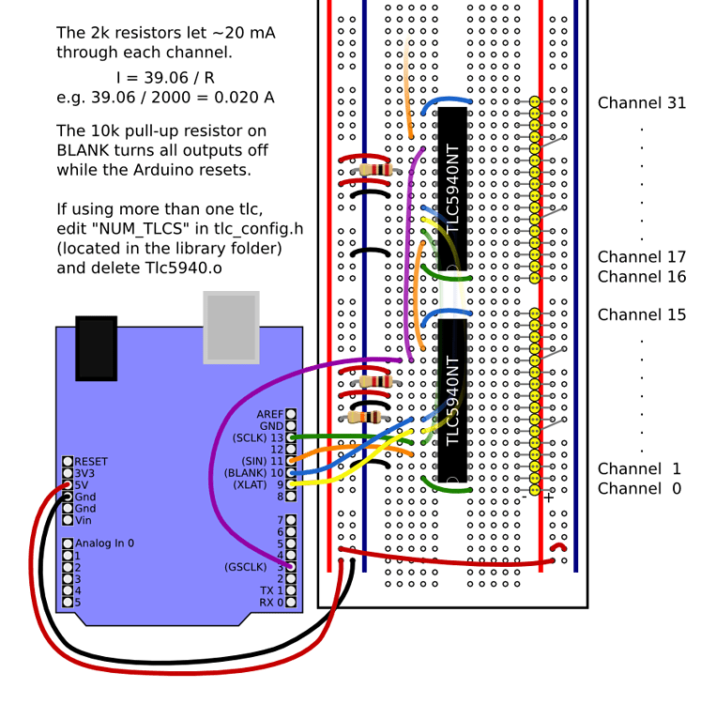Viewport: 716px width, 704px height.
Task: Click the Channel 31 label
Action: [x=642, y=102]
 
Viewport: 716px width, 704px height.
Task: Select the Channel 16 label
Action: [x=642, y=277]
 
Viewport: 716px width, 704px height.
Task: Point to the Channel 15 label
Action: [x=642, y=314]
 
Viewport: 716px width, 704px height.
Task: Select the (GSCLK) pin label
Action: [x=246, y=567]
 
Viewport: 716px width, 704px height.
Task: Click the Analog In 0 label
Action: [x=104, y=543]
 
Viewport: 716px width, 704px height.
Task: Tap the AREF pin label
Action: [x=269, y=414]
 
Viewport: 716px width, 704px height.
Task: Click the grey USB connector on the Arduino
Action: [x=231, y=327]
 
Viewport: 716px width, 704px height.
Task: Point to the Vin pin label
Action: [x=84, y=520]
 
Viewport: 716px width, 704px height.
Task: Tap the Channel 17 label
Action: [x=642, y=257]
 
